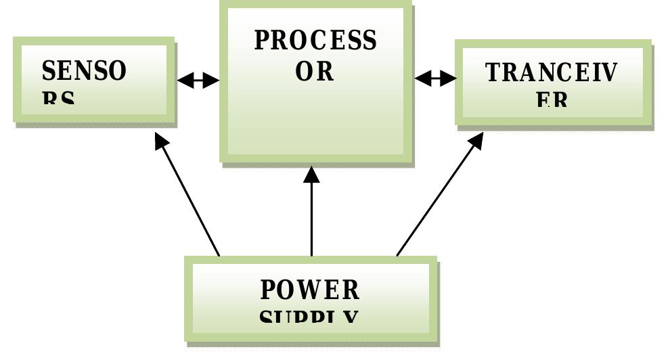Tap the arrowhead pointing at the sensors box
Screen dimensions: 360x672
[x=161, y=141]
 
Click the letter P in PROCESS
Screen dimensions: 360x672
[x=261, y=41]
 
